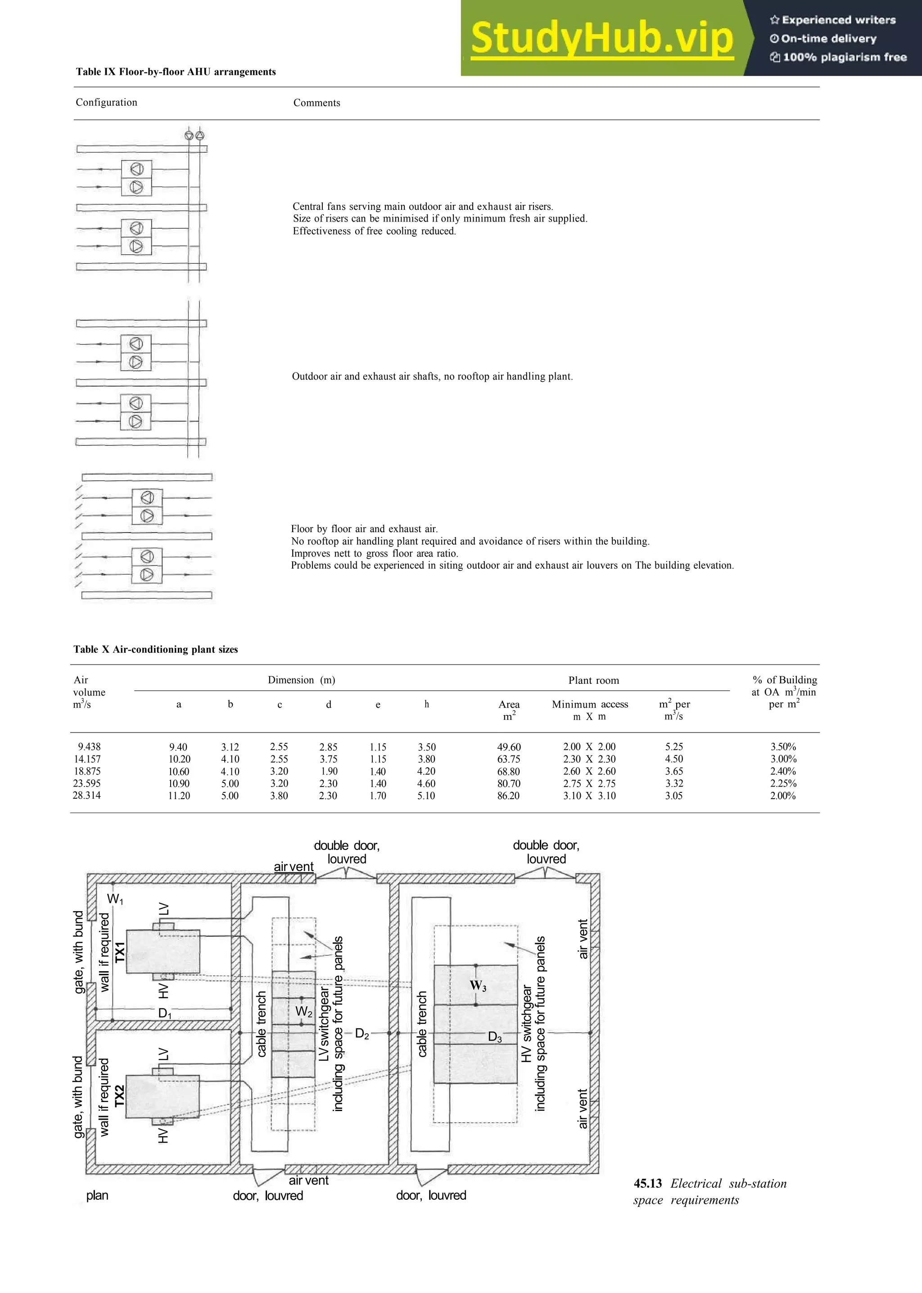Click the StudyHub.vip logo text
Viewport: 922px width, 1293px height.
point(602,39)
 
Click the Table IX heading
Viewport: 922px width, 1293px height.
point(176,72)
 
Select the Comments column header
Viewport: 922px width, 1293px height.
point(316,103)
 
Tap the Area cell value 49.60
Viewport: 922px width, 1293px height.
point(508,747)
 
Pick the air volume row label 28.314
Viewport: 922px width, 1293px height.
point(87,795)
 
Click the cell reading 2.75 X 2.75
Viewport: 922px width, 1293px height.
point(589,783)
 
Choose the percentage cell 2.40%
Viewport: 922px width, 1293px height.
point(782,771)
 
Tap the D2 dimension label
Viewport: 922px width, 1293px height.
point(362,1034)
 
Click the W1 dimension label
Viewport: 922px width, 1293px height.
point(115,899)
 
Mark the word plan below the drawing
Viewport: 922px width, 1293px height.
point(97,1195)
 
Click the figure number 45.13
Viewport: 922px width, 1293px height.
point(648,1184)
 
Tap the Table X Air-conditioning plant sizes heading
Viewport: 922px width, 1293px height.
point(156,649)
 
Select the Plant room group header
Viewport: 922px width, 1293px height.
point(593,680)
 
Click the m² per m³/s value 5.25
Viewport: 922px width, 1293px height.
point(674,747)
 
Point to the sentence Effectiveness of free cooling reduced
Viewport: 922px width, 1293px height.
point(374,231)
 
